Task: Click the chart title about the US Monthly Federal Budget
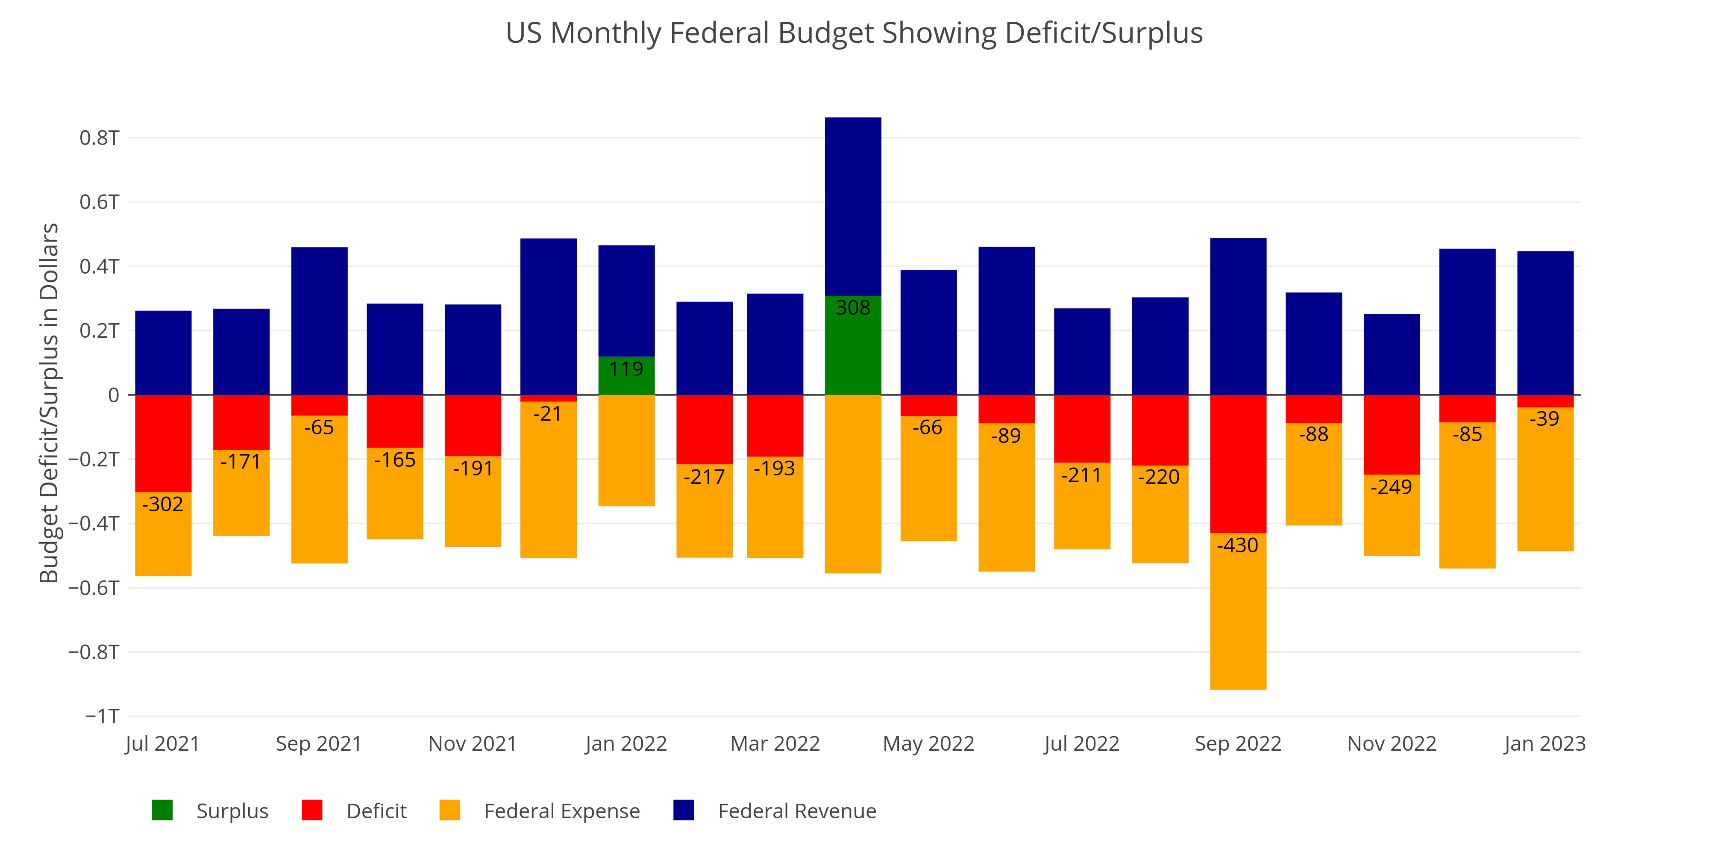(x=854, y=33)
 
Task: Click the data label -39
(x=1545, y=419)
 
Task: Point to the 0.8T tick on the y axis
(x=100, y=138)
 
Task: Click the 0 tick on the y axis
(x=114, y=395)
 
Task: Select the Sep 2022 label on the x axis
(x=1238, y=743)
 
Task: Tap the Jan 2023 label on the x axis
(x=1545, y=743)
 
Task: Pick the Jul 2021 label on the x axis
(x=162, y=743)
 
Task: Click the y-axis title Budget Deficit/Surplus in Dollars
(x=49, y=403)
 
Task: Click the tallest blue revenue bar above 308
(x=853, y=206)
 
